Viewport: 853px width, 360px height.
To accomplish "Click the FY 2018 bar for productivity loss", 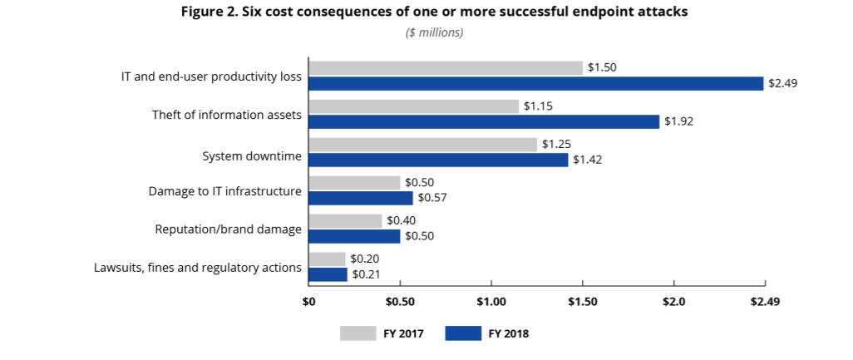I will coord(535,83).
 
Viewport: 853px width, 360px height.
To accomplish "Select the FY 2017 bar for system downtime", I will coord(423,145).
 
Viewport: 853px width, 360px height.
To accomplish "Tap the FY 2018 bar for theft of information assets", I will coord(484,121).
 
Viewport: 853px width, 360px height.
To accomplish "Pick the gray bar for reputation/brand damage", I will coord(345,220).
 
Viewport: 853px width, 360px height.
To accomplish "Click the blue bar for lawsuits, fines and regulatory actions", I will coord(328,274).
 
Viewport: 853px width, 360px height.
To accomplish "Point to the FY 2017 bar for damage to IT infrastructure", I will coord(354,182).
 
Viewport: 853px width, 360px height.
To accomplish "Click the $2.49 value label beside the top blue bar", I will coord(782,83).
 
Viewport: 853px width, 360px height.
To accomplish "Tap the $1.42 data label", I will coord(587,160).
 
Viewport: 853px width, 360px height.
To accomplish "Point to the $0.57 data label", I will coord(431,198).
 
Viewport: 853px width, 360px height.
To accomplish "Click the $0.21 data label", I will coord(365,274).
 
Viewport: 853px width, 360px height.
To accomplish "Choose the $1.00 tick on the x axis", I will coord(491,300).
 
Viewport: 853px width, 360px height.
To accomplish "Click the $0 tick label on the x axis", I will coord(308,300).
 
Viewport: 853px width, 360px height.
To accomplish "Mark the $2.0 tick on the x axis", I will coord(673,300).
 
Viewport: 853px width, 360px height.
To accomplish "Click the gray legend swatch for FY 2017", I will coord(358,333).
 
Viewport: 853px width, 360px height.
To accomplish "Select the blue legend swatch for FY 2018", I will coord(463,333).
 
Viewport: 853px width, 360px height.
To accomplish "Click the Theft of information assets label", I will coord(226,114).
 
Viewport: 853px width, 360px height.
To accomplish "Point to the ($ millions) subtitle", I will coord(434,32).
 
